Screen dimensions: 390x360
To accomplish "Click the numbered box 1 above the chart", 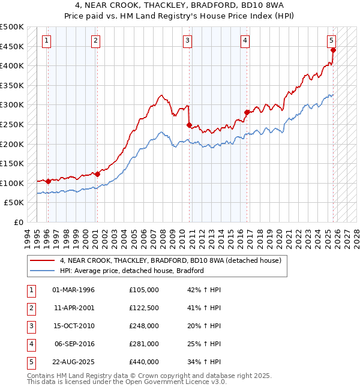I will pyautogui.click(x=47, y=41).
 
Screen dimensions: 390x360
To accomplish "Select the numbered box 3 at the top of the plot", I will pyautogui.click(x=187, y=41).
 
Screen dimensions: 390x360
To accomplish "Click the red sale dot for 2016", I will pyautogui.click(x=247, y=112).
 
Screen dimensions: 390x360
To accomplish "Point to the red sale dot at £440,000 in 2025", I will pyautogui.click(x=333, y=50).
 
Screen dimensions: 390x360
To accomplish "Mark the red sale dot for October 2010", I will pyautogui.click(x=190, y=125).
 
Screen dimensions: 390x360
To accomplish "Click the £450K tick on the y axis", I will pyautogui.click(x=12, y=46).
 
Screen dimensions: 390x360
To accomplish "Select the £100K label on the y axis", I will pyautogui.click(x=12, y=183).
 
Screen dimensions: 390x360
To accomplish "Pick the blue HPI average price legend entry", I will pyautogui.click(x=132, y=271).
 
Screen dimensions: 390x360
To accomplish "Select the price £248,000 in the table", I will pyautogui.click(x=144, y=326).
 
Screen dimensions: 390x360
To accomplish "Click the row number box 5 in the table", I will pyautogui.click(x=29, y=362).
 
